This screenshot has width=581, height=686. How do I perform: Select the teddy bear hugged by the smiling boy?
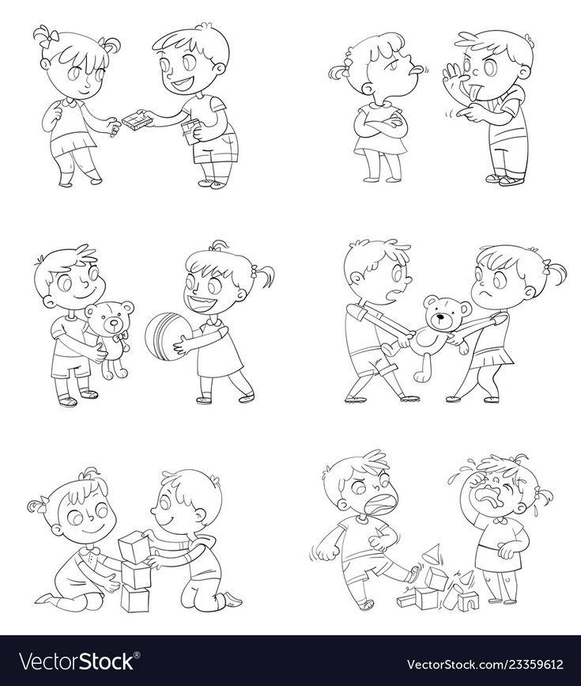[110, 336]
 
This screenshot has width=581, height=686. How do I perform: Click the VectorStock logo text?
[78, 661]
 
